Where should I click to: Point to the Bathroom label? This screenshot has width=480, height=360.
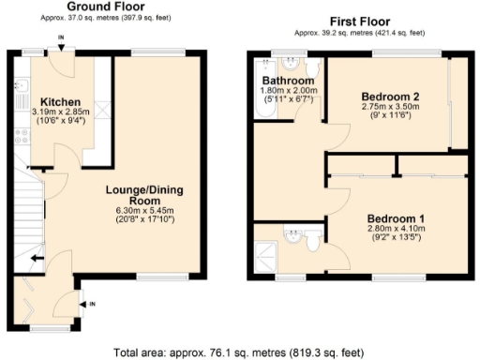[288, 81]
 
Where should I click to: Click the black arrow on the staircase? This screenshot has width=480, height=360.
[35, 259]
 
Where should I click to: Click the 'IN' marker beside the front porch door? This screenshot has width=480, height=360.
[92, 303]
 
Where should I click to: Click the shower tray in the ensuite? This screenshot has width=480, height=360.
[267, 249]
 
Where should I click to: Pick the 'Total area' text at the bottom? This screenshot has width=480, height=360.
[239, 352]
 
